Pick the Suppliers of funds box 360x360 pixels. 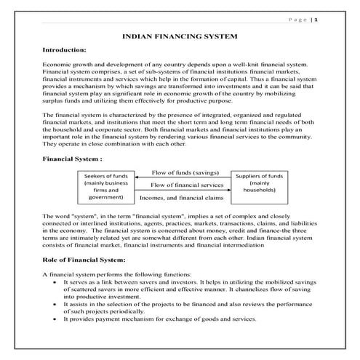click(260, 184)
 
